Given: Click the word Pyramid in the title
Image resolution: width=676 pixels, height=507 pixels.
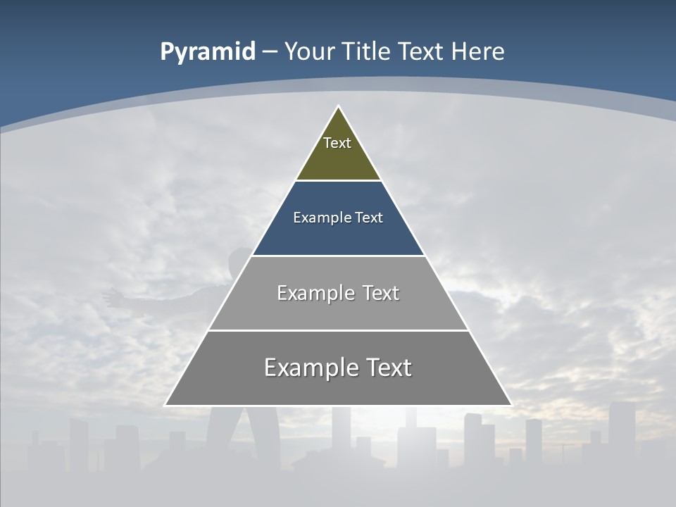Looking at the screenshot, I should [207, 52].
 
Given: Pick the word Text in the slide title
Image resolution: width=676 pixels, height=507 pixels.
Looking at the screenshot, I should [421, 52].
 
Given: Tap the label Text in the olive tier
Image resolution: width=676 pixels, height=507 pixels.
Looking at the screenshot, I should [337, 143].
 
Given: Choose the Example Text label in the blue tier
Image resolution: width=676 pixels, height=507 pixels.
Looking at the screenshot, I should [338, 218].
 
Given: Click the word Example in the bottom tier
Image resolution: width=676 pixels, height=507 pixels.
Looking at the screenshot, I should [311, 368].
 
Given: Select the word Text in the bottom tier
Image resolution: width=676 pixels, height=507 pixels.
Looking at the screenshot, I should [387, 368].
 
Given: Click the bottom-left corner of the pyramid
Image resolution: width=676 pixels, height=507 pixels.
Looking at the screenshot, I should [165, 406].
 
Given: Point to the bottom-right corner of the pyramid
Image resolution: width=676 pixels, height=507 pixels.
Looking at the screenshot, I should [511, 406].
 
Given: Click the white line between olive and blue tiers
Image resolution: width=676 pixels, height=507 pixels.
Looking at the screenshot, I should [338, 181].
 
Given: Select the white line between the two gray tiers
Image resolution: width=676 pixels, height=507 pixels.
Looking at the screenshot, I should [338, 330].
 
